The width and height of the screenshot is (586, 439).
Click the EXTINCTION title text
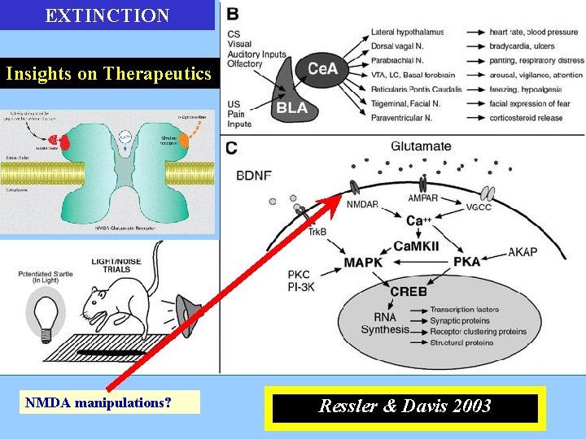click(107, 15)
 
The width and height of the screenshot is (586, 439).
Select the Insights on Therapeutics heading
click(107, 74)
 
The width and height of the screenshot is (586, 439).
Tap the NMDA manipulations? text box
click(109, 402)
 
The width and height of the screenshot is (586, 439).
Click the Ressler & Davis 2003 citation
click(405, 406)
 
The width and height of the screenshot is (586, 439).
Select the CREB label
click(408, 291)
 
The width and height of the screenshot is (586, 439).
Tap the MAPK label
click(363, 263)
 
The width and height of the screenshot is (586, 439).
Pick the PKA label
click(466, 263)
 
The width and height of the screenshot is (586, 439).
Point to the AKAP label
click(523, 252)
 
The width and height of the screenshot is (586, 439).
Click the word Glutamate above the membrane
click(421, 146)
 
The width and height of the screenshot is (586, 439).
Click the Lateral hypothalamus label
click(407, 32)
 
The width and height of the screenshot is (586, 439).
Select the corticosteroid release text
click(527, 118)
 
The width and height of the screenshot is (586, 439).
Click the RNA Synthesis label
click(385, 323)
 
